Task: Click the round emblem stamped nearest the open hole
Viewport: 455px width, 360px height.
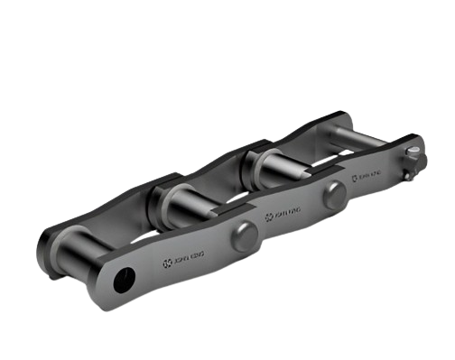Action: (165, 263)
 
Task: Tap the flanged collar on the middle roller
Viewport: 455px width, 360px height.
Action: (166, 195)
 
